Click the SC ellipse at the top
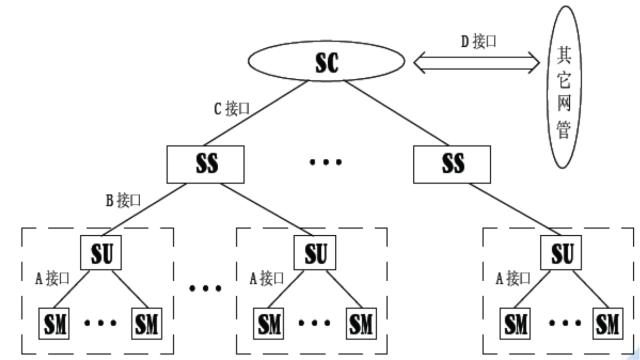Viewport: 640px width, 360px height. pyautogui.click(x=327, y=63)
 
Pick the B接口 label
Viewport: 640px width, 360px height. pyautogui.click(x=124, y=199)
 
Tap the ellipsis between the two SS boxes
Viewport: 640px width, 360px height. pyautogui.click(x=326, y=162)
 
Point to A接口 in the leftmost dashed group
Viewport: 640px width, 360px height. pyautogui.click(x=53, y=278)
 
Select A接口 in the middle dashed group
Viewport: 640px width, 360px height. pyautogui.click(x=267, y=278)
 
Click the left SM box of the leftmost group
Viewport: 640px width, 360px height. pyautogui.click(x=55, y=324)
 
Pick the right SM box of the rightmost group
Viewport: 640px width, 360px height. pyautogui.click(x=607, y=324)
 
